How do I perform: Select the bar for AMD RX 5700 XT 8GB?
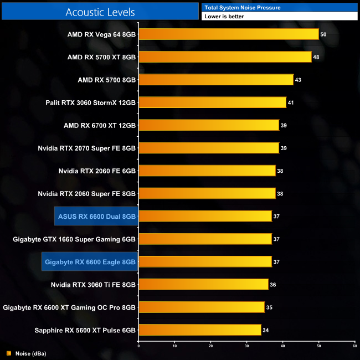point(225,57)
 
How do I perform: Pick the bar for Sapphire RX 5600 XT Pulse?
point(199,330)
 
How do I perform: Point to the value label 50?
point(323,34)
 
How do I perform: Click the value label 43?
point(298,80)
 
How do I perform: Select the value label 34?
point(265,330)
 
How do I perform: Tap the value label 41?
point(291,102)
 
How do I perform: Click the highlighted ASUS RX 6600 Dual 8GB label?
point(96,216)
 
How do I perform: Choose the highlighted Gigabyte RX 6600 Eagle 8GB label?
point(90,261)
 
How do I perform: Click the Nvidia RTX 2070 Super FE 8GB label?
point(87,148)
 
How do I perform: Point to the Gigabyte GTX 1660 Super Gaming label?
point(74,239)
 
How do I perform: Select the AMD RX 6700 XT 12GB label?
point(100,125)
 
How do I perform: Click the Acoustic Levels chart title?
point(100,12)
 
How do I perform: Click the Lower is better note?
point(224,17)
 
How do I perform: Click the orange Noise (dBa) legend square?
point(8,353)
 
